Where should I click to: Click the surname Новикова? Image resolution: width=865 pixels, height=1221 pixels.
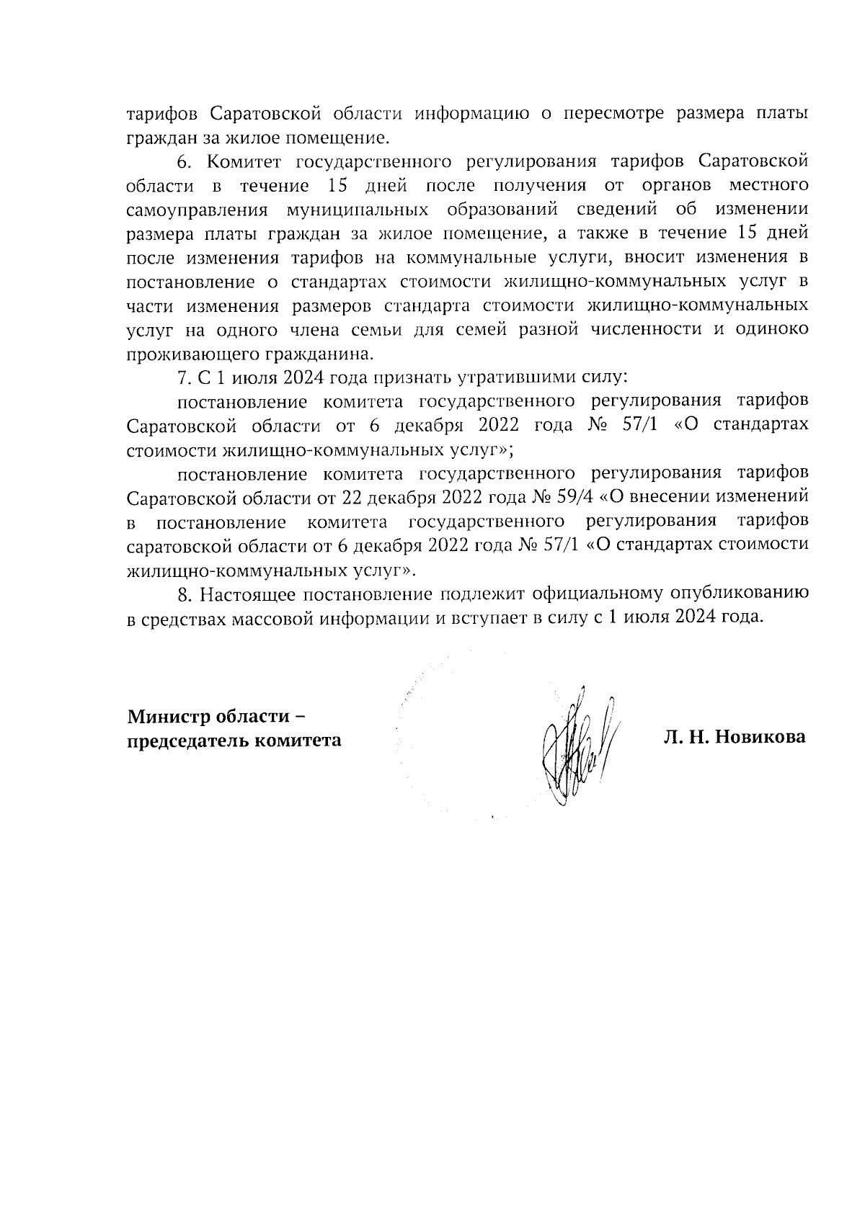[760, 738]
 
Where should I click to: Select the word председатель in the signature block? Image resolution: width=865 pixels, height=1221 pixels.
[187, 740]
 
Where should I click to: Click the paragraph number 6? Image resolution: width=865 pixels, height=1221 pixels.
[182, 160]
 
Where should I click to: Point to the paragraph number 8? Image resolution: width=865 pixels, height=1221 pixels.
[184, 594]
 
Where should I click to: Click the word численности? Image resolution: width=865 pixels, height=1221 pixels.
[647, 329]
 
